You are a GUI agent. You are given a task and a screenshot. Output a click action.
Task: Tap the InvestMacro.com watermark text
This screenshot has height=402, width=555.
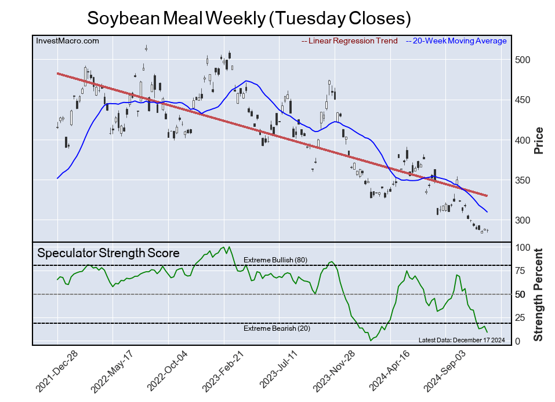pos(67,41)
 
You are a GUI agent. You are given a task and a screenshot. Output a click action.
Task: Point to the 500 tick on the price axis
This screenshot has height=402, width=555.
pos(521,60)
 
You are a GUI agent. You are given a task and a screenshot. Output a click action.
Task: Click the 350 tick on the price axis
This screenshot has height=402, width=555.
pos(521,181)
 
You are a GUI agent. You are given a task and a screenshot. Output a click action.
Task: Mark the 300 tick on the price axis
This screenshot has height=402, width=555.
pos(521,221)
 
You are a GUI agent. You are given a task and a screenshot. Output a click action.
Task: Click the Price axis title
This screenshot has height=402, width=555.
pos(538,140)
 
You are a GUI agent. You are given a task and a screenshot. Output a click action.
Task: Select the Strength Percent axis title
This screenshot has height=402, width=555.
pos(538,294)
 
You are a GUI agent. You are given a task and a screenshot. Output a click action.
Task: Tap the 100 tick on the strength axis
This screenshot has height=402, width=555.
pos(521,247)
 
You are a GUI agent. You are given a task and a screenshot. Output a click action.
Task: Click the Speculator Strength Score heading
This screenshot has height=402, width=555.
pos(108,253)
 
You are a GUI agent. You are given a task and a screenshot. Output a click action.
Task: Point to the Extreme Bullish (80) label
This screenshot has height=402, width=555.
pos(275,260)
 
